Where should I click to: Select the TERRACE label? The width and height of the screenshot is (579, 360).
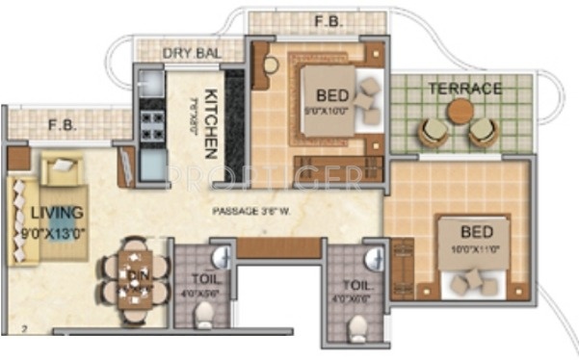(x=465, y=89)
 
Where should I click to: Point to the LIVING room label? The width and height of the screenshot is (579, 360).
(x=56, y=211)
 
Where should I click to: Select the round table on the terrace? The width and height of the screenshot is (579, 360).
(x=461, y=111)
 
